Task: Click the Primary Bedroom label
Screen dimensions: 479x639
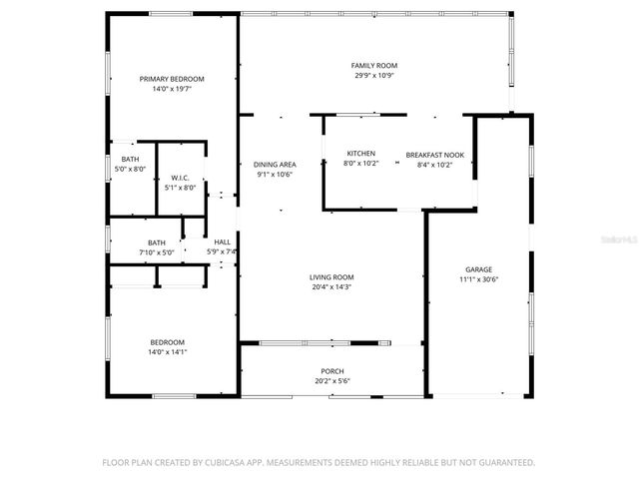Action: point(172,79)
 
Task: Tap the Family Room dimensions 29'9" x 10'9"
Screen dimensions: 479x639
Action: point(374,75)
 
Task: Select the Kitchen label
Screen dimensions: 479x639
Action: point(360,154)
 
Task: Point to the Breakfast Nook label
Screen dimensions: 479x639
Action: point(428,155)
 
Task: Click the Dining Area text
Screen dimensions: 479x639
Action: point(274,164)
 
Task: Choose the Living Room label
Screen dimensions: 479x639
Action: point(330,277)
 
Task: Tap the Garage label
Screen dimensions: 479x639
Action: point(478,269)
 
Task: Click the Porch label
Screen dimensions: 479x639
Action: point(332,371)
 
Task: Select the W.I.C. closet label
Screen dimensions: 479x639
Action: point(181,178)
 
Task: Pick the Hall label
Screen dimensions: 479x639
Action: point(222,242)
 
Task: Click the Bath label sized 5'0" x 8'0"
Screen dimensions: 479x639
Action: point(130,160)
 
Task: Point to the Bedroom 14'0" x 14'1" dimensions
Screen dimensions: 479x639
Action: point(168,351)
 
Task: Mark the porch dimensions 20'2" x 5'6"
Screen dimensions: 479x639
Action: point(332,380)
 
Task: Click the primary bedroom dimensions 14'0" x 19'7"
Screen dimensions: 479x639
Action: point(172,88)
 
